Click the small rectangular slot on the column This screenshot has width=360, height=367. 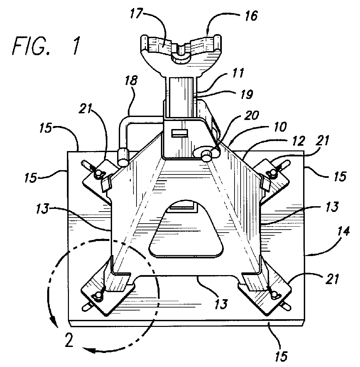(178, 133)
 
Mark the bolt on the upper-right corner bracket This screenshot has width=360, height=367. (271, 172)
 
